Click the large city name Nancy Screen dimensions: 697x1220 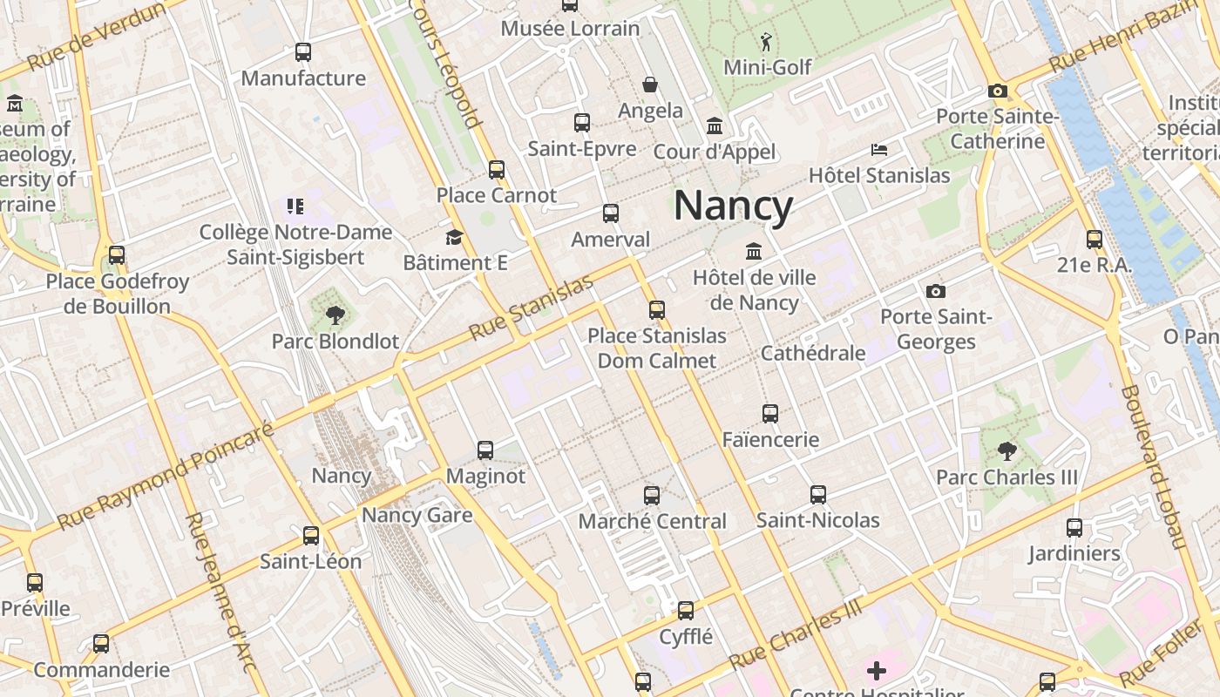pyautogui.click(x=733, y=206)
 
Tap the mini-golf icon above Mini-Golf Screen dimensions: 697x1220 pyautogui.click(x=766, y=42)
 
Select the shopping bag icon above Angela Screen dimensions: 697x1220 pyautogui.click(x=650, y=85)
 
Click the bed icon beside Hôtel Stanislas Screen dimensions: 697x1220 pyautogui.click(x=878, y=150)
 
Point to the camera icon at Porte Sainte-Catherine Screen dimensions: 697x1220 pyautogui.click(x=998, y=91)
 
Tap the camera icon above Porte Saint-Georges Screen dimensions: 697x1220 pyautogui.click(x=936, y=291)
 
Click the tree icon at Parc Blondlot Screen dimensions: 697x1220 pyautogui.click(x=335, y=315)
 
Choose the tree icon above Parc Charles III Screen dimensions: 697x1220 pyautogui.click(x=1007, y=451)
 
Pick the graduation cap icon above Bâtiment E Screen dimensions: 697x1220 pyautogui.click(x=454, y=237)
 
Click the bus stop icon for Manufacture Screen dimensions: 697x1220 pyautogui.click(x=303, y=52)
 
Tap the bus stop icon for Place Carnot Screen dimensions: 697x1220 pyautogui.click(x=497, y=169)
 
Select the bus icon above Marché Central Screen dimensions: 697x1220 pyautogui.click(x=652, y=496)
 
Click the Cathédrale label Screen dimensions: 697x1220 pyautogui.click(x=813, y=353)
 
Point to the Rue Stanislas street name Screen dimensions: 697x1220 pyautogui.click(x=531, y=308)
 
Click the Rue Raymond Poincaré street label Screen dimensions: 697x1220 pyautogui.click(x=166, y=476)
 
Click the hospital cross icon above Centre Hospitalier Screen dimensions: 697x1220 pyautogui.click(x=877, y=670)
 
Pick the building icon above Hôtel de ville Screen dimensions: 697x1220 pyautogui.click(x=754, y=252)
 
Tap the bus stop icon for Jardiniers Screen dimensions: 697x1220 pyautogui.click(x=1074, y=527)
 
